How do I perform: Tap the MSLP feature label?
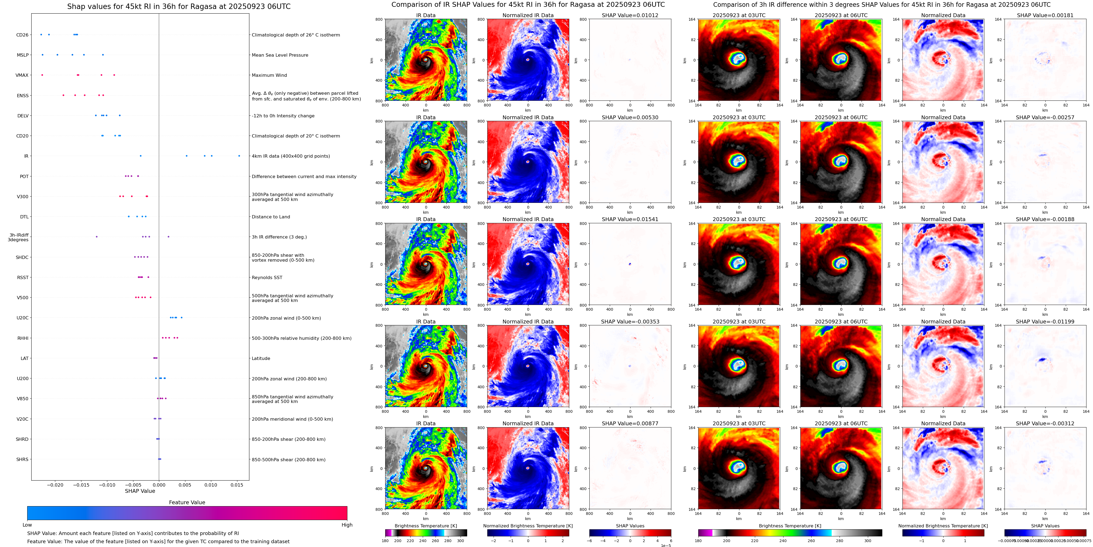tap(23, 55)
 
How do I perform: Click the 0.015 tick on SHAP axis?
tap(237, 485)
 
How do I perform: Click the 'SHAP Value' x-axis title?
tap(140, 491)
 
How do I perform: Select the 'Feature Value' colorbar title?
tap(187, 502)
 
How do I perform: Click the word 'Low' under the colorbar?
tap(27, 525)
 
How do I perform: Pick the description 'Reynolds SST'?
tap(267, 277)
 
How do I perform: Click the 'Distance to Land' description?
tap(271, 217)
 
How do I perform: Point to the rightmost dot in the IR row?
tap(239, 156)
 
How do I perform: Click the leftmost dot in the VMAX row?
tap(42, 75)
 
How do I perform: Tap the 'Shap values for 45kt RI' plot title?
tap(179, 6)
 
